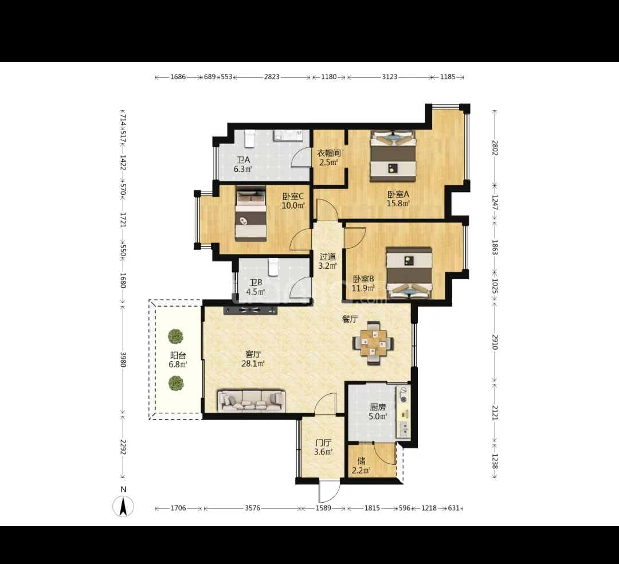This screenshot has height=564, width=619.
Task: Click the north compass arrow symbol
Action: pos(123,506)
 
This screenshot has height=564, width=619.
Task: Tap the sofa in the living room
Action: pos(252,401)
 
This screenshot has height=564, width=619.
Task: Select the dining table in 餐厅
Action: pos(373,343)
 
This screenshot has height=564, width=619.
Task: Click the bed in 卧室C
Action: pos(250,214)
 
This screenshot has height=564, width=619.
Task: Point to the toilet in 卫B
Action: pos(273,267)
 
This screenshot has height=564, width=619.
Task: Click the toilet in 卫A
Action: pos(249,138)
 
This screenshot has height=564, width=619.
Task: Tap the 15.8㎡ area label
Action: pos(398,203)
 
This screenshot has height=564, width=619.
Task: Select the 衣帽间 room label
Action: pos(328,153)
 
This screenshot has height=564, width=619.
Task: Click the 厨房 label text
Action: pos(378,408)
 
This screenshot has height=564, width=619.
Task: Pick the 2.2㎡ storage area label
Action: pos(361,470)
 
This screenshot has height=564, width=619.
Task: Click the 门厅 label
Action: pos(323,443)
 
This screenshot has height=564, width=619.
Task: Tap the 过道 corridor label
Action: pos(328,257)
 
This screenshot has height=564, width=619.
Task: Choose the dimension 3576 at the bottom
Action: pos(252,508)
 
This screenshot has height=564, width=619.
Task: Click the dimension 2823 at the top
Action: pos(272,77)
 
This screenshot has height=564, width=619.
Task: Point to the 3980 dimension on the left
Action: pos(123,359)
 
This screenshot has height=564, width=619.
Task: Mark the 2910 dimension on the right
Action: pos(495,342)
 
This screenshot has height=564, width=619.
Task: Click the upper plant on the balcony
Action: pos(175,336)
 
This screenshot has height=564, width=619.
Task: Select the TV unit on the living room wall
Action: pos(250,310)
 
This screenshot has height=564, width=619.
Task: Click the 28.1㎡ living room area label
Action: pos(253,363)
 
